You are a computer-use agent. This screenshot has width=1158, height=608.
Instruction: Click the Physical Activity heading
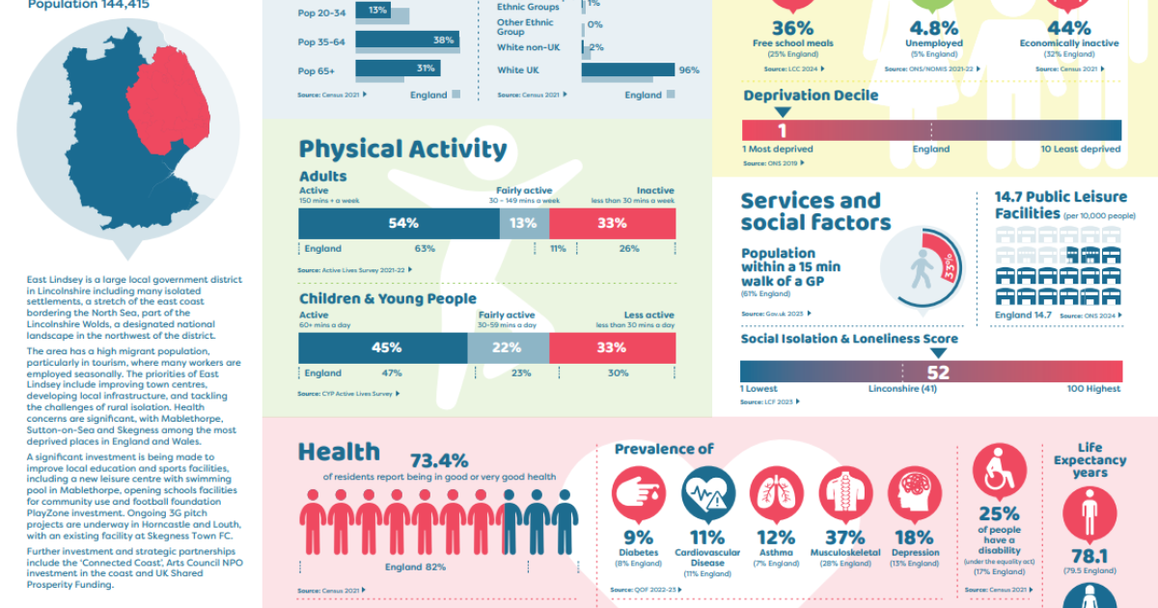click(402, 149)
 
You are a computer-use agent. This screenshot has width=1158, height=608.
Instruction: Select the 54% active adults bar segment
click(399, 223)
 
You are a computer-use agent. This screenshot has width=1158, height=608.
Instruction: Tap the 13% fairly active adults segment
click(524, 223)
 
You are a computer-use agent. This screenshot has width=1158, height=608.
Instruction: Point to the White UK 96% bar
click(627, 70)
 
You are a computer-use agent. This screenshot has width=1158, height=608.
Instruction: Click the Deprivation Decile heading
click(811, 96)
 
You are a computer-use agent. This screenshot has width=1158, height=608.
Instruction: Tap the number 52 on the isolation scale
click(937, 373)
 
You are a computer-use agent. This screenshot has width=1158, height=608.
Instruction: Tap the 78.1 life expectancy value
click(1089, 557)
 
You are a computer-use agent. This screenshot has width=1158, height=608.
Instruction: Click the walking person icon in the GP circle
click(921, 271)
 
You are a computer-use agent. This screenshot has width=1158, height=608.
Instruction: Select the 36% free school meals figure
click(792, 28)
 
